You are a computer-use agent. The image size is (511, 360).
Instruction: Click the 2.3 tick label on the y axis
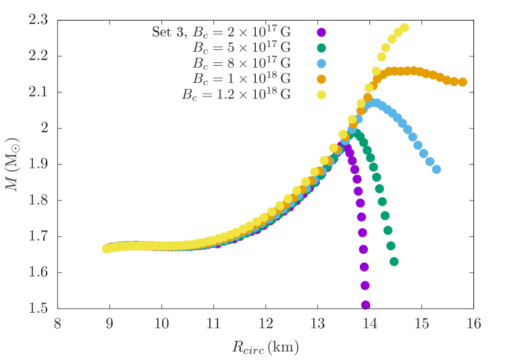(38, 20)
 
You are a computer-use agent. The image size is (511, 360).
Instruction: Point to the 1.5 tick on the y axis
(38, 308)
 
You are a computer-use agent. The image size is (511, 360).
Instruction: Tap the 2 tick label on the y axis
(44, 128)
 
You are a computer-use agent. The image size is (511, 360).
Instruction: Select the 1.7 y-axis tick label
(38, 236)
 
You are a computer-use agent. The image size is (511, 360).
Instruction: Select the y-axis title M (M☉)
(13, 164)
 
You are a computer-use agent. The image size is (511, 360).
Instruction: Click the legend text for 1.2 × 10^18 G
(236, 95)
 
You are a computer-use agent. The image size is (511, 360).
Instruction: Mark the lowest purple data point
(365, 305)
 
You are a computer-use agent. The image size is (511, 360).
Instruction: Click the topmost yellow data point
(404, 28)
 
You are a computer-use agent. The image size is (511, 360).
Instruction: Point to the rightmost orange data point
(462, 82)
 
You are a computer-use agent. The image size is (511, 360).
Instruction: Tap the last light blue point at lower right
(436, 170)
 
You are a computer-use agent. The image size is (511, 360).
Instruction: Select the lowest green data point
(394, 261)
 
